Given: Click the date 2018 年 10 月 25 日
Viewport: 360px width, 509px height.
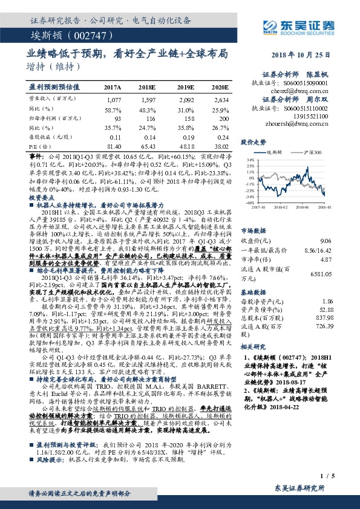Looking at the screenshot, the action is tap(306, 54).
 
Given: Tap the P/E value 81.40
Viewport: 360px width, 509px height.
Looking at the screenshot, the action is tap(114, 146).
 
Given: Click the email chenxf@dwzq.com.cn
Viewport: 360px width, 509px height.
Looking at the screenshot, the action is tap(307, 89).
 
